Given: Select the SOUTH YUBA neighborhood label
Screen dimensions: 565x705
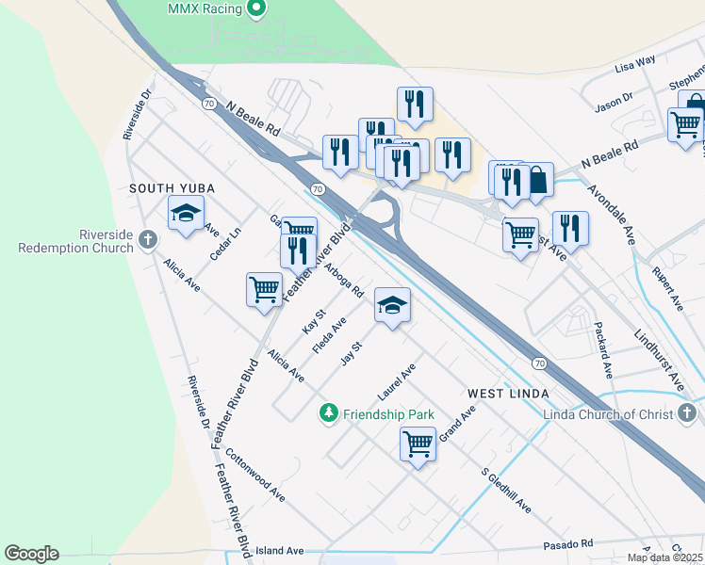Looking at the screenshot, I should pyautogui.click(x=172, y=188).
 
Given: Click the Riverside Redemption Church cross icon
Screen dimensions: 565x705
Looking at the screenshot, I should pyautogui.click(x=147, y=241).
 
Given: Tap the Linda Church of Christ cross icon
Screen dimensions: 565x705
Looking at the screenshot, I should pyautogui.click(x=687, y=414).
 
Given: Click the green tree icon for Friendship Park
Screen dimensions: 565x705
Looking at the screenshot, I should pyautogui.click(x=328, y=413).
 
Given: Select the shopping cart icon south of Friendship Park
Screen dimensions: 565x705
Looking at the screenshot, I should pyautogui.click(x=418, y=443).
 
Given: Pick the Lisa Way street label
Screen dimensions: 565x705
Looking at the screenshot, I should pyautogui.click(x=634, y=64).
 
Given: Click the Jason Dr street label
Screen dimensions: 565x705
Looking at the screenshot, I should pyautogui.click(x=614, y=100).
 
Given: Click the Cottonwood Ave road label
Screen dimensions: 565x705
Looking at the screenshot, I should pyautogui.click(x=254, y=473).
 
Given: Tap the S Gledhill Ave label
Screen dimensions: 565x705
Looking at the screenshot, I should pyautogui.click(x=505, y=490).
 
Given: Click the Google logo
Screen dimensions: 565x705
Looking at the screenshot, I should pyautogui.click(x=31, y=554).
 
